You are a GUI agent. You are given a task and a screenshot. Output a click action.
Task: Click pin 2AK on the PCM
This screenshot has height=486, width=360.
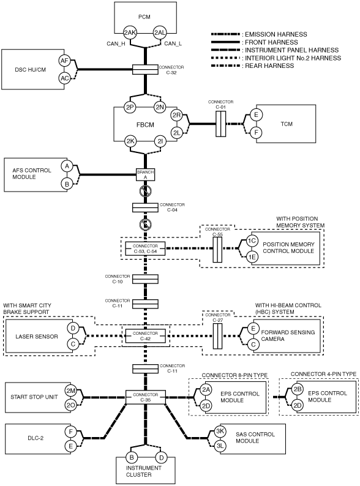pyautogui.click(x=130, y=32)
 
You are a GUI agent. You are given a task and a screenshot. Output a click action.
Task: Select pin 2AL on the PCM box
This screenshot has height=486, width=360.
pyautogui.click(x=160, y=32)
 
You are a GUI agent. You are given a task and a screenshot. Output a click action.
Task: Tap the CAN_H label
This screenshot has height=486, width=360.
pyautogui.click(x=116, y=43)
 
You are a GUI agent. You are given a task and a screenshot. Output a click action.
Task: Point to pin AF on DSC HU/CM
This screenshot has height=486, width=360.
pyautogui.click(x=64, y=61)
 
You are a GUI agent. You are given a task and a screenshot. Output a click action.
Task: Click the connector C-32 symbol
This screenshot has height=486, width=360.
pyautogui.click(x=145, y=70)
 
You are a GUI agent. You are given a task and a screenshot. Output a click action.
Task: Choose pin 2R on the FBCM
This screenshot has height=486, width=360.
pyautogui.click(x=176, y=116)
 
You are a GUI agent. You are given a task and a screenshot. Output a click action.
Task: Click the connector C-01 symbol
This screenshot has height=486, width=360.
pyautogui.click(x=221, y=124)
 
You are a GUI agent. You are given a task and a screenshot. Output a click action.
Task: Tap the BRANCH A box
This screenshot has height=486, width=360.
pyautogui.click(x=146, y=174)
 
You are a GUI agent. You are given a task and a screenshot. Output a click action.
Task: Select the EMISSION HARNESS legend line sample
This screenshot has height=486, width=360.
pyautogui.click(x=225, y=34)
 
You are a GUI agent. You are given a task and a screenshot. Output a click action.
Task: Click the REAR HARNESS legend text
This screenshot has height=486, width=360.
pyautogui.click(x=269, y=65)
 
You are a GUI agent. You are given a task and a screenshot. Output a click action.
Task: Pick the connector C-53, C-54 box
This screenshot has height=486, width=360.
pyautogui.click(x=146, y=249)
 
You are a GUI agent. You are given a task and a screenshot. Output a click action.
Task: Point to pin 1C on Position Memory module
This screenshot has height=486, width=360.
pyautogui.click(x=252, y=241)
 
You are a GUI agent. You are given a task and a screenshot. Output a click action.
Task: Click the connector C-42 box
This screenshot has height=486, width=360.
pyautogui.click(x=146, y=336)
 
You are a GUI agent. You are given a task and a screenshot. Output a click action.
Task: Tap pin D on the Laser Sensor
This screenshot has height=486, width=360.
pyautogui.click(x=73, y=328)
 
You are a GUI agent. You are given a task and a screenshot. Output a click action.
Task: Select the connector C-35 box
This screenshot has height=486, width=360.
pyautogui.click(x=146, y=397)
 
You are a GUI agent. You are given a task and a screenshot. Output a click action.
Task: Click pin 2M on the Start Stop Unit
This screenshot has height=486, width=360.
pyautogui.click(x=71, y=391)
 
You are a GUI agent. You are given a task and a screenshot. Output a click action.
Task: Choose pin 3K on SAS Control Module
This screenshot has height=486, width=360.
pyautogui.click(x=220, y=432)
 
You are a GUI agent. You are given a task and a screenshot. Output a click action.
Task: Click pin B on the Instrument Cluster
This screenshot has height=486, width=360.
pyautogui.click(x=132, y=457)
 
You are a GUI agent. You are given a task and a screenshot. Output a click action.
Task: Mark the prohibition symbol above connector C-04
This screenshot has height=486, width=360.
pyautogui.click(x=146, y=191)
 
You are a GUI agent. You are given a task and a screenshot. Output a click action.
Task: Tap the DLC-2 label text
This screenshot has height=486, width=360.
pyautogui.click(x=36, y=438)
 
